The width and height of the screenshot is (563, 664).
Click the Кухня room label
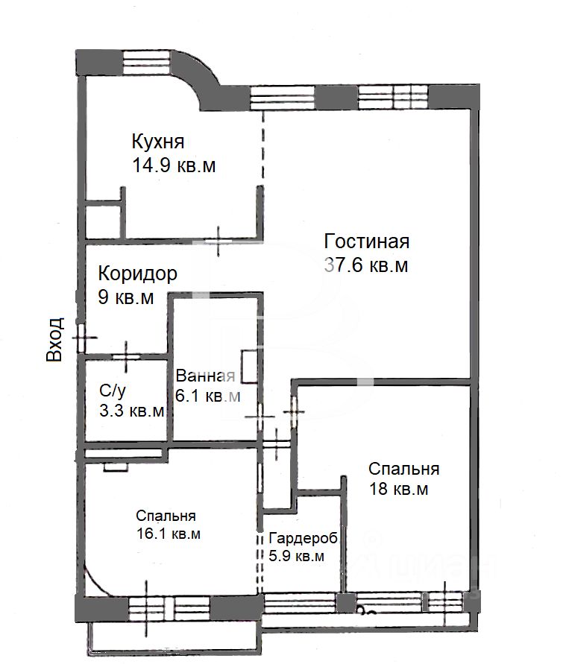tap(158, 142)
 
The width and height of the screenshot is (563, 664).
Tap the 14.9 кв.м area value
tap(174, 165)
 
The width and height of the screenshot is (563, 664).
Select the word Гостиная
tap(366, 241)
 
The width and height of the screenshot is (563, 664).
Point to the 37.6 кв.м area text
tap(366, 265)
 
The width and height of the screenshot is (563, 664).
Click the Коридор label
tap(138, 274)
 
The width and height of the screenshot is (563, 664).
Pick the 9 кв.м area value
tap(126, 297)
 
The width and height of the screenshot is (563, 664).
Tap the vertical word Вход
tap(54, 339)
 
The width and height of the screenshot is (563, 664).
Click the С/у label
tap(113, 391)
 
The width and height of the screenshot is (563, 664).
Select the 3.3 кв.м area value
tap(132, 411)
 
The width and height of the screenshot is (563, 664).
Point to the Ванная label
tap(206, 376)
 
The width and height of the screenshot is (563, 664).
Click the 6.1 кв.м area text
tap(208, 396)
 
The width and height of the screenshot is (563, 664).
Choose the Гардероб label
tap(303, 539)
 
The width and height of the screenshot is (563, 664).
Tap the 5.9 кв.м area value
tap(297, 556)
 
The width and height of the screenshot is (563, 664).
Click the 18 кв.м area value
tap(399, 489)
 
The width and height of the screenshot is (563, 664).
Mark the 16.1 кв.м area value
tap(169, 534)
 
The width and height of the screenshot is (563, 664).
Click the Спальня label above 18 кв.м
tap(403, 469)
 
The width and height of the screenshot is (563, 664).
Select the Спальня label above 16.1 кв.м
tap(166, 516)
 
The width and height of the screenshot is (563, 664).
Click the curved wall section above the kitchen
tap(199, 80)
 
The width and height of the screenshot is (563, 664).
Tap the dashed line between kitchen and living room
tap(262, 148)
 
